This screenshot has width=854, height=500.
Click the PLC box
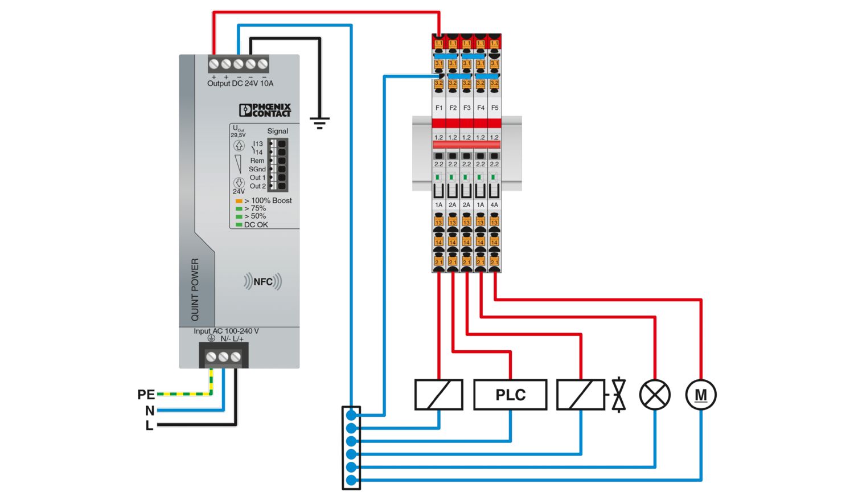click(510, 395)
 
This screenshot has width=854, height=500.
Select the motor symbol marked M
click(701, 395)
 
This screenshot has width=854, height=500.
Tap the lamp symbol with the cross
click(655, 395)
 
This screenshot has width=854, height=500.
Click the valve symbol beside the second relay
click(618, 395)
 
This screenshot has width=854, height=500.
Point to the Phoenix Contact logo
click(265, 110)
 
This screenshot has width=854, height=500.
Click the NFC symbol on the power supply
click(262, 281)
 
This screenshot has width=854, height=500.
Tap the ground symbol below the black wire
click(319, 123)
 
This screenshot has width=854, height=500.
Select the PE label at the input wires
click(146, 395)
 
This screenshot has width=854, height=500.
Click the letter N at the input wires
click(150, 411)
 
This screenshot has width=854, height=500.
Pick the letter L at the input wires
click(149, 425)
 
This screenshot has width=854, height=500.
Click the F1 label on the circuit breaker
click(439, 108)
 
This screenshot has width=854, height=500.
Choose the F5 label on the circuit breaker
click(495, 108)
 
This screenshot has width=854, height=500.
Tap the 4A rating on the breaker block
click(494, 204)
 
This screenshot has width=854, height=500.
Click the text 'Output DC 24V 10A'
click(240, 84)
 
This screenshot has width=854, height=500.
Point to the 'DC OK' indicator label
click(256, 225)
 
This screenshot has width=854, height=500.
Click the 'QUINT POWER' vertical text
click(195, 289)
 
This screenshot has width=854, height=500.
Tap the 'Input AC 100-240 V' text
click(226, 331)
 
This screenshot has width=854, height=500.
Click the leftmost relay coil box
click(438, 395)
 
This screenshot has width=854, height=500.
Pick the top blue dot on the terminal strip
click(351, 415)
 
